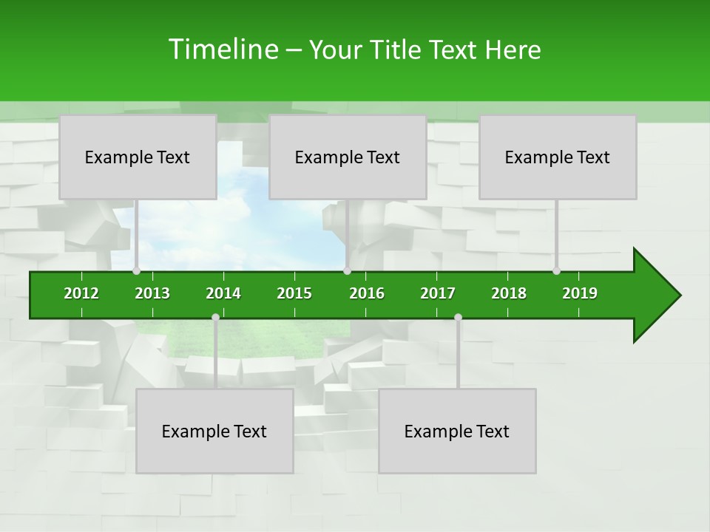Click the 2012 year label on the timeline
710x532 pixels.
point(81,293)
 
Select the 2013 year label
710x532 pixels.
point(152,293)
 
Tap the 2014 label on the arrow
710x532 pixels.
point(223,293)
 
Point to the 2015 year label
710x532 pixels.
point(294,293)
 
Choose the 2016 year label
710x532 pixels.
point(367,293)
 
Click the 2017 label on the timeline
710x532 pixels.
point(438,293)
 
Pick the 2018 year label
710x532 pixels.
point(509,293)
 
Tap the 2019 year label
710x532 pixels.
point(580,293)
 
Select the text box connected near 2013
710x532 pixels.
point(138,157)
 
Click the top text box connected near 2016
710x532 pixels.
point(348,157)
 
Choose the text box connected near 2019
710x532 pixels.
point(558,157)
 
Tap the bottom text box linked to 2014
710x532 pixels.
point(214,431)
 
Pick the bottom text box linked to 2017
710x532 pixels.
point(457,431)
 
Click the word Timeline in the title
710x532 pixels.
point(223,50)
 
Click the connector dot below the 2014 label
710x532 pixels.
point(215,318)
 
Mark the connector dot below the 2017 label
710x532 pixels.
point(458,318)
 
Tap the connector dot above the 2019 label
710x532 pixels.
point(556,271)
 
